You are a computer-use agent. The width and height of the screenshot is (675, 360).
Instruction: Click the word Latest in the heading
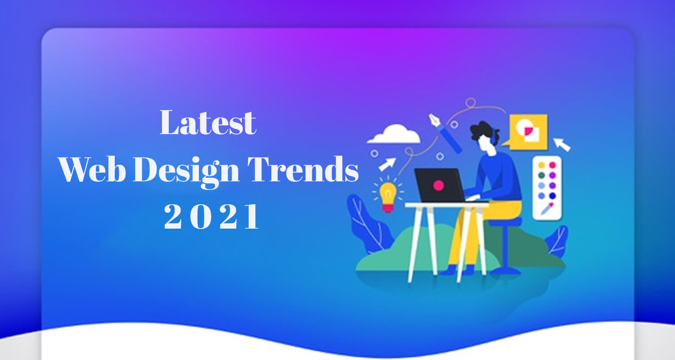208,122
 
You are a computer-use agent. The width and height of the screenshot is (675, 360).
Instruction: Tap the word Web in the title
92,169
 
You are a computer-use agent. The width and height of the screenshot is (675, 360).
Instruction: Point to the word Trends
303,169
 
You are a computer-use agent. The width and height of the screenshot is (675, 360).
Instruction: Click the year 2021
211,216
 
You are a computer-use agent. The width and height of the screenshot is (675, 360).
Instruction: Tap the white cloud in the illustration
394,134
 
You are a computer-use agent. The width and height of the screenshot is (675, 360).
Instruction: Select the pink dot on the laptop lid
438,185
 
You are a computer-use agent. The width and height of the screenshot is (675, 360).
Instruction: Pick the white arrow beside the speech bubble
562,144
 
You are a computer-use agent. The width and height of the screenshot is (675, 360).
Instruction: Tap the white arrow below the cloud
387,165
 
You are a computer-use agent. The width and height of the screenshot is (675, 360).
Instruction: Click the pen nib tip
430,115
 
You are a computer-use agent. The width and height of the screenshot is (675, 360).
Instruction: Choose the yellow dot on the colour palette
541,165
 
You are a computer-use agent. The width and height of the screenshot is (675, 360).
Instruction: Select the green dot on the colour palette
541,175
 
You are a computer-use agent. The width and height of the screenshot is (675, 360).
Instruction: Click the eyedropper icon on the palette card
547,208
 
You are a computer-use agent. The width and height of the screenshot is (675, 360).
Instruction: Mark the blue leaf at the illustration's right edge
557,241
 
